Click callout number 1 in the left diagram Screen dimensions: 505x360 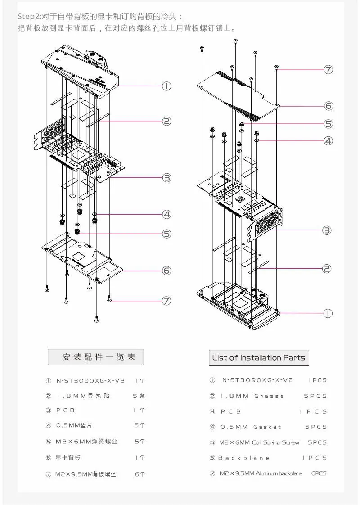coord(166,86)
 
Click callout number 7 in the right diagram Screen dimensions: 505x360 coord(328,70)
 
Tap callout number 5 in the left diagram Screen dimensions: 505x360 coord(167,234)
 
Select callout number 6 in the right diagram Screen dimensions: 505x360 coord(328,106)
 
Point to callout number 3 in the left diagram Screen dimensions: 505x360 coord(167,178)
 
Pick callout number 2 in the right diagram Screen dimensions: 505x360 coord(327,269)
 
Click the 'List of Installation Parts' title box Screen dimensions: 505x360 coord(259,358)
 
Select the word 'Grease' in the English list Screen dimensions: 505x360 coord(269,396)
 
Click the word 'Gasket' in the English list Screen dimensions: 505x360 coord(267,427)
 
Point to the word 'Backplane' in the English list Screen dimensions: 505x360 coord(244,458)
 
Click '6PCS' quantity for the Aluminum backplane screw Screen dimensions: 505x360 coord(319,473)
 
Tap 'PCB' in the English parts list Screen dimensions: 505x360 coord(231,411)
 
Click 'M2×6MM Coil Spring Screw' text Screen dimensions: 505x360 coord(259,442)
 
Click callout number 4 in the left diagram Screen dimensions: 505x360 coord(167,215)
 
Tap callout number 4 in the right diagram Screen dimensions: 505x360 coord(328,141)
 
